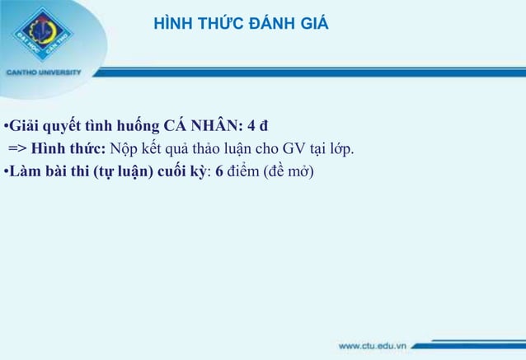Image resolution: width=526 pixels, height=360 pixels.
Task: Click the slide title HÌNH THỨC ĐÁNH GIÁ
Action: tap(241, 25)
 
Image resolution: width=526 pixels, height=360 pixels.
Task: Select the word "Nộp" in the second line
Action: tap(120, 149)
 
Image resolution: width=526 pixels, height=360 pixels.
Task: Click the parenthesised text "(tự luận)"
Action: tap(122, 172)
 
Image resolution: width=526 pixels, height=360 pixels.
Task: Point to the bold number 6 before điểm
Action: tap(219, 172)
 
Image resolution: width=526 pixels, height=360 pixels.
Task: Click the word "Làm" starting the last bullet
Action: tap(24, 172)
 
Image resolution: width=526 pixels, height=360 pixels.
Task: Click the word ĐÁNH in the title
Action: tap(256, 25)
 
